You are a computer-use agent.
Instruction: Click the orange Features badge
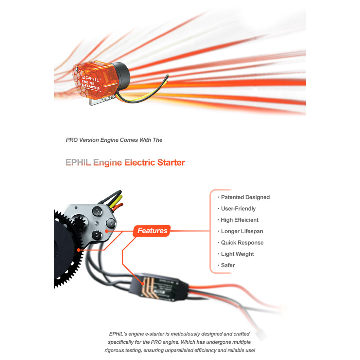[152, 231]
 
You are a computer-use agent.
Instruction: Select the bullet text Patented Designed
[245, 197]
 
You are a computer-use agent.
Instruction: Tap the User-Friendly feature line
[238, 209]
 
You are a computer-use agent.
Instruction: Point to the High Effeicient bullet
[240, 220]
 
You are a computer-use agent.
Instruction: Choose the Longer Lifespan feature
[242, 231]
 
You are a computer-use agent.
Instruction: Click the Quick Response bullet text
[242, 243]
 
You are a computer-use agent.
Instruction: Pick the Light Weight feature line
[237, 254]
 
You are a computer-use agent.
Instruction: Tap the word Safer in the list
[228, 265]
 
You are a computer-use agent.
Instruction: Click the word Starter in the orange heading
[171, 163]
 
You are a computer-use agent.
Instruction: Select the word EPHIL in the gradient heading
[78, 163]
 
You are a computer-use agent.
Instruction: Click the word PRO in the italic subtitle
[72, 140]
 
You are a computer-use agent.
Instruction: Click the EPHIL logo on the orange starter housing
[91, 79]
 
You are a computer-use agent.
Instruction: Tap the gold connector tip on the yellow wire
[168, 77]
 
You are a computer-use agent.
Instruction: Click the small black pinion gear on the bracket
[79, 223]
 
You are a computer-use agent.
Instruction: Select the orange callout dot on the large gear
[79, 250]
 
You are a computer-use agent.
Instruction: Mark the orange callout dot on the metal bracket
[107, 231]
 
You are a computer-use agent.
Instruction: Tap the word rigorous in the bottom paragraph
[114, 351]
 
